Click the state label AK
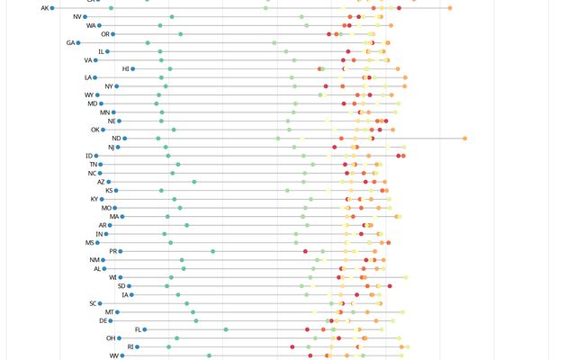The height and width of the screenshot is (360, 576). pos(45,8)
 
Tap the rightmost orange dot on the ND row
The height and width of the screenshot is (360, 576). pos(464,139)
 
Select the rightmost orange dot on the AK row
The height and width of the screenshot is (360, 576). pos(450,8)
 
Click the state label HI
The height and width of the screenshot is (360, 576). pos(125,68)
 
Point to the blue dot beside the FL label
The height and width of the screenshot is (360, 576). pos(145,329)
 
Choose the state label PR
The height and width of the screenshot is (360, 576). pos(113,251)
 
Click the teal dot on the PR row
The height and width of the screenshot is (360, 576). pos(213,251)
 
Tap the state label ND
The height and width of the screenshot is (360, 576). pos(116,139)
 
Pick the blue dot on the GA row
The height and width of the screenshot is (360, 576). pos(79,42)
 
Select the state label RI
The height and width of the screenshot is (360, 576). pos(130,346)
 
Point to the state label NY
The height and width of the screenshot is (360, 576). pos(109,86)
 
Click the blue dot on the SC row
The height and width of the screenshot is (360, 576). pos(100,303)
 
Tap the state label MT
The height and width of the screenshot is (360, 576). pos(109,312)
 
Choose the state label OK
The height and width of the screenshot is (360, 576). pos(94,130)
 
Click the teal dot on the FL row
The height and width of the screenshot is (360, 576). pos(225,329)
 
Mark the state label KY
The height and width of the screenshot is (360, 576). pos(94,199)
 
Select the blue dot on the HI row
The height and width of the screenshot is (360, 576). pos(135,68)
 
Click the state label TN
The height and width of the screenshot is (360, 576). pos(93,165)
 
